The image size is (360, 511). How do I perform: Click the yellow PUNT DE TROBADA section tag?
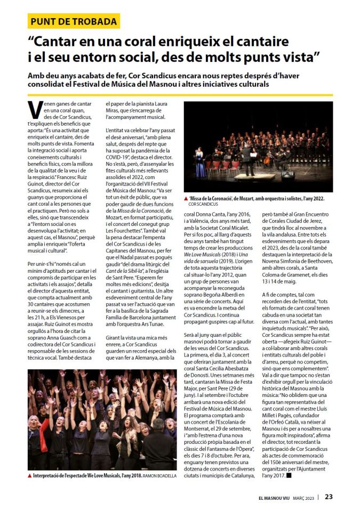coord(74,21)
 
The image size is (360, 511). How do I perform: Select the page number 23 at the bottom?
coord(330,497)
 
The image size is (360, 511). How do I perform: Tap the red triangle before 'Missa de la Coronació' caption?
coord(185,198)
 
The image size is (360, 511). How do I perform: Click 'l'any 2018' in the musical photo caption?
coord(122,475)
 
